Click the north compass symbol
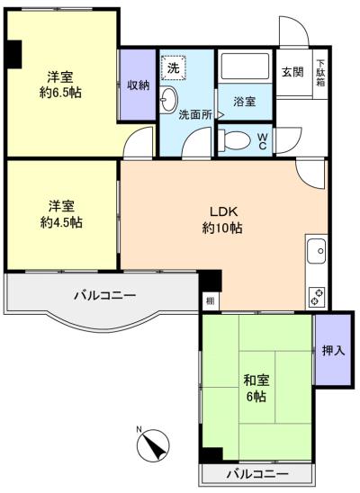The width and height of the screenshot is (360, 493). click(152, 445)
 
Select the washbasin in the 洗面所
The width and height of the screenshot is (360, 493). click(168, 100)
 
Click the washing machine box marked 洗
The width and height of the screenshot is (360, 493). click(173, 67)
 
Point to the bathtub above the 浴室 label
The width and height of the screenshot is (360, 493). click(245, 67)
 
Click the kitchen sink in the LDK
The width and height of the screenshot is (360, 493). click(316, 251)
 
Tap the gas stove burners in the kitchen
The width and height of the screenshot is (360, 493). click(317, 297)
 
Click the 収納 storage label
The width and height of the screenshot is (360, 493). click(139, 85)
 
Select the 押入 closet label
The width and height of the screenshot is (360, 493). click(334, 350)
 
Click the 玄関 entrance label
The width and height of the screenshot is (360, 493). click(292, 72)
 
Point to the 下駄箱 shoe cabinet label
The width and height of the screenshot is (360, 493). click(320, 73)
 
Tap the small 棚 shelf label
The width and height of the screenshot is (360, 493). click(210, 300)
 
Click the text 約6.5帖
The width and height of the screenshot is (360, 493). click(60, 93)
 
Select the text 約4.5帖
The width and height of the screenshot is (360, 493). click(61, 222)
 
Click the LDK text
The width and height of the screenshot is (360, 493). click(223, 211)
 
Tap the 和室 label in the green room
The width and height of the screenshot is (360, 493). click(256, 381)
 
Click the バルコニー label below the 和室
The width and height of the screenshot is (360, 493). click(257, 473)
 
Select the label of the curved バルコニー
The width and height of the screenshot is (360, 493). click(105, 295)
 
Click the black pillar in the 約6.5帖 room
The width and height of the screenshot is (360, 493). click(13, 54)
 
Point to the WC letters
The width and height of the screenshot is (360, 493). click(263, 141)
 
